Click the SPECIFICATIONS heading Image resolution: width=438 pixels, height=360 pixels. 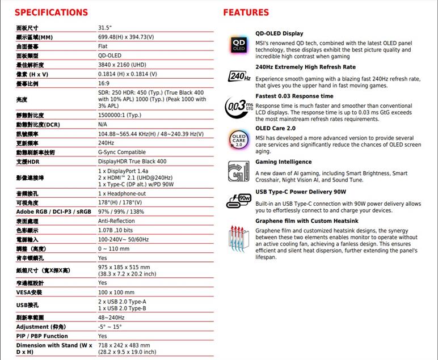[52, 12]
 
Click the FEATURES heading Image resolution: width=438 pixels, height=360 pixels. [246, 12]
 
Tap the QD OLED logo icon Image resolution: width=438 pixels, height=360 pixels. [239, 45]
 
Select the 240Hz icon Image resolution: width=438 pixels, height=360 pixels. [239, 77]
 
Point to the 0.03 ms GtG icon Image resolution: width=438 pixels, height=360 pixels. [239, 106]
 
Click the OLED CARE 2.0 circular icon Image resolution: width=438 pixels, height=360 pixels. [239, 139]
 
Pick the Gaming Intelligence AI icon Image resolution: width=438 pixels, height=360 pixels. [239, 170]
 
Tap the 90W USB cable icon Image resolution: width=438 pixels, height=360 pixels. [239, 200]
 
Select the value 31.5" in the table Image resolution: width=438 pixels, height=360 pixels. [105, 28]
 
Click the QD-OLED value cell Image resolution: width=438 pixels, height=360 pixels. [109, 56]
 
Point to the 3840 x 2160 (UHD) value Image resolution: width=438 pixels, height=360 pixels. [122, 65]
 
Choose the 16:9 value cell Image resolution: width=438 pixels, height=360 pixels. [103, 83]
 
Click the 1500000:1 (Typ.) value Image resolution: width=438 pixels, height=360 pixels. [120, 115]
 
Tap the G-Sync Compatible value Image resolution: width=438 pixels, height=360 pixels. [122, 153]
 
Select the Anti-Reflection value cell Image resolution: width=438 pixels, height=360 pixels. [116, 221]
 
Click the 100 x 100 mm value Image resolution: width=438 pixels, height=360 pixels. [116, 293]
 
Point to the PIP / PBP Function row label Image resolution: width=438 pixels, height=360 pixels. [42, 336]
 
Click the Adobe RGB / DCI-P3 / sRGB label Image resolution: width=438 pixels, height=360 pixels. [53, 212]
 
